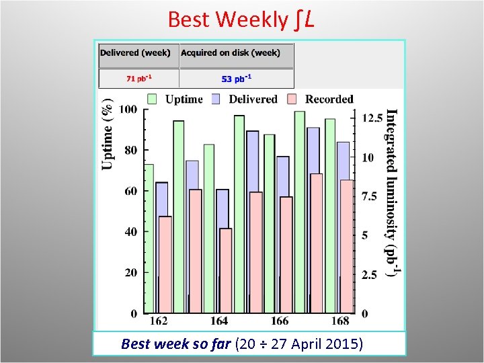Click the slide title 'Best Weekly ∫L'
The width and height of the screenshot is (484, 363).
[x=241, y=19]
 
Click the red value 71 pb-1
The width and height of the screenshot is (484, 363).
[x=138, y=78]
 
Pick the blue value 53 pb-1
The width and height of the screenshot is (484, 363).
[x=236, y=78]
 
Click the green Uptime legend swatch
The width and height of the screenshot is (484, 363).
[x=153, y=99]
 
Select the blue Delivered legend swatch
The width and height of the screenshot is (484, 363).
[x=216, y=99]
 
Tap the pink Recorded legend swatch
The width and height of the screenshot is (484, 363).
[x=292, y=99]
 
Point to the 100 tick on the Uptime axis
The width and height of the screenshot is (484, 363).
[x=128, y=110]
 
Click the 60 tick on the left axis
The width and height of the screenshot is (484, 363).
[x=130, y=191]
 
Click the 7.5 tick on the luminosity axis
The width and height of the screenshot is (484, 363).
[x=369, y=196]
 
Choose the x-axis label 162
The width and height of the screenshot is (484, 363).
[x=159, y=321]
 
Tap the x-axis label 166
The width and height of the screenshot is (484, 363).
[x=280, y=321]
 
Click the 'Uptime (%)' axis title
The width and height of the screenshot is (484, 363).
[x=108, y=136]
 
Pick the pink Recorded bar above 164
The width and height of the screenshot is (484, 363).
[x=225, y=270]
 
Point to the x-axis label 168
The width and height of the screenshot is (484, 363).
[x=341, y=321]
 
